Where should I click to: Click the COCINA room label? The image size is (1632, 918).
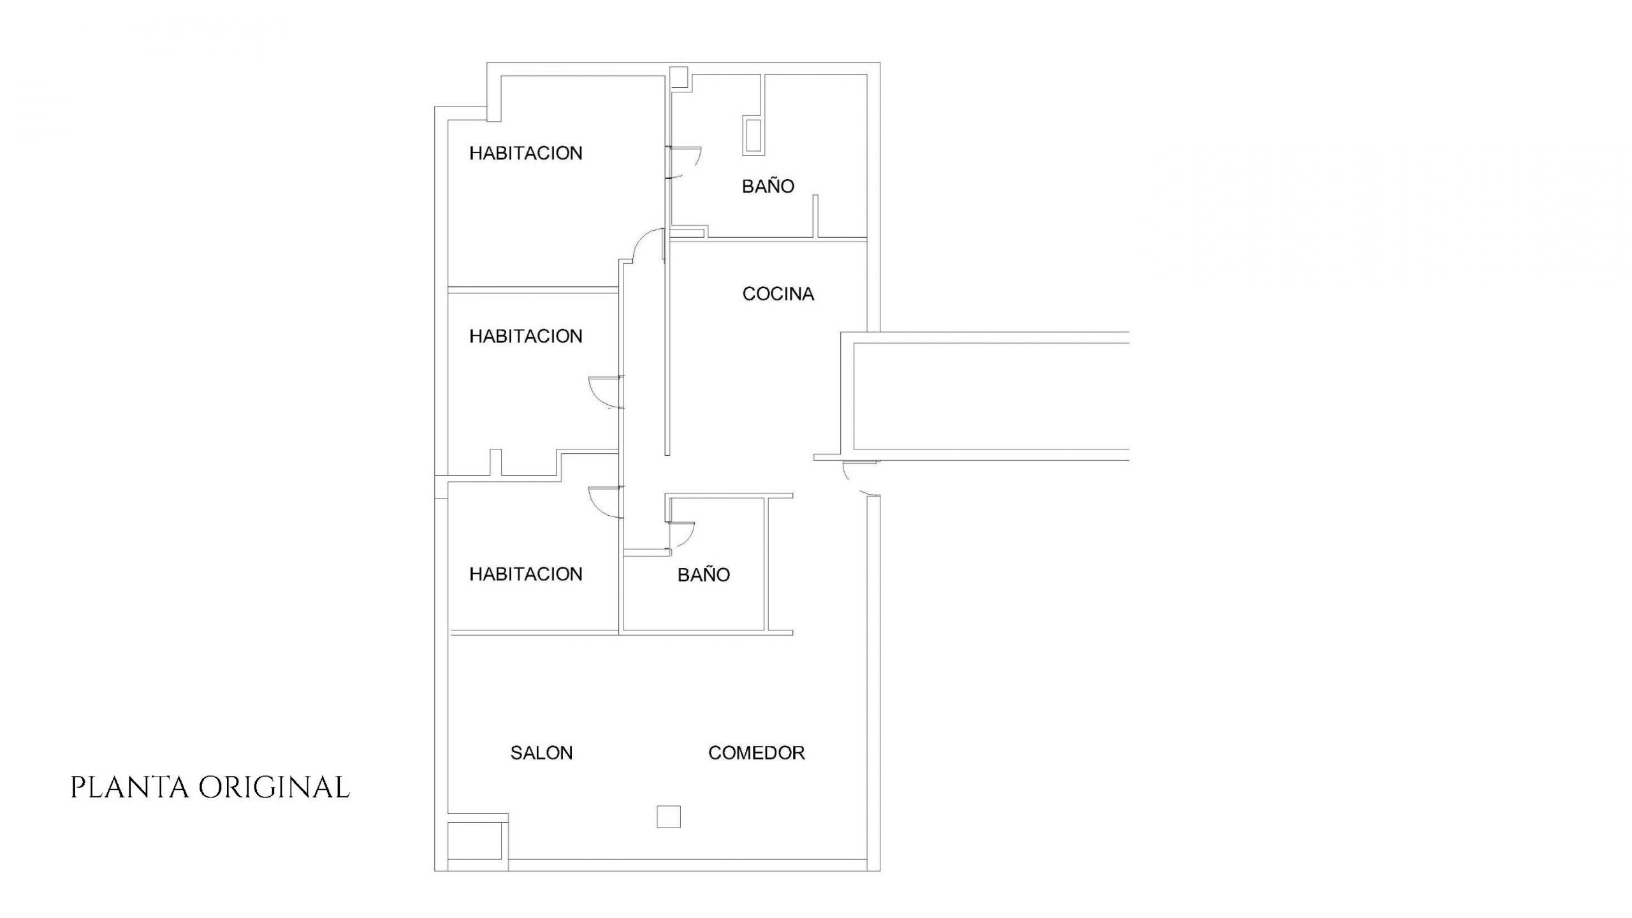pos(778,294)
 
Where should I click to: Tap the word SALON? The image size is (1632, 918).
pos(541,753)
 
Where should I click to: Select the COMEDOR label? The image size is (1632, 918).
pos(756,753)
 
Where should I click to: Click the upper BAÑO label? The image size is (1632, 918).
pos(768,186)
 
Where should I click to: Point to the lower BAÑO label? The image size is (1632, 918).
pos(703,574)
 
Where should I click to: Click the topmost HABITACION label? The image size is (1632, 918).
pos(526,153)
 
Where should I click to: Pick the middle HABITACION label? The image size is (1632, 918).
pos(526,336)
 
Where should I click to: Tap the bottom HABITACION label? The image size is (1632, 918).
pos(526,574)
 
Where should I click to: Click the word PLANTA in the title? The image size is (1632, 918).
pos(130,787)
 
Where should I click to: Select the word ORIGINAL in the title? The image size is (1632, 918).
pos(274,787)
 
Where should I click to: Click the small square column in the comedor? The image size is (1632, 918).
pos(669,817)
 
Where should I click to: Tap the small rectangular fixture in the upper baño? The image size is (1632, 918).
pos(753,136)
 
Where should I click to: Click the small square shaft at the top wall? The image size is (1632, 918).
pos(678,76)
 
